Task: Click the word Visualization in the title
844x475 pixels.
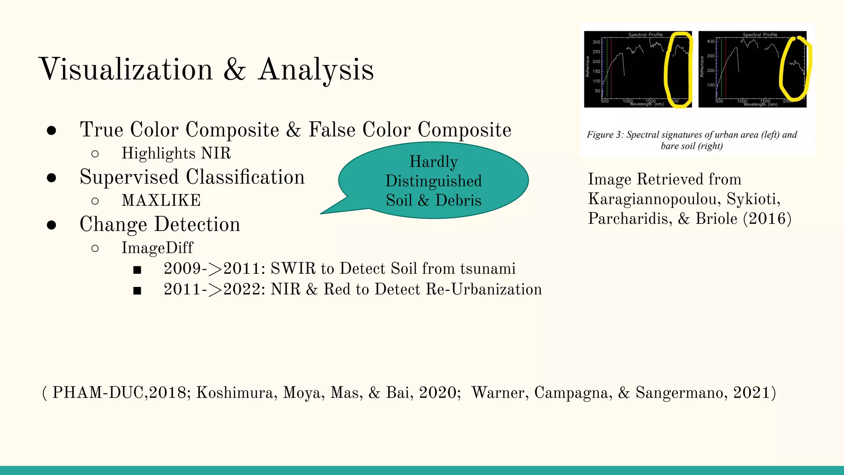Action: coord(126,69)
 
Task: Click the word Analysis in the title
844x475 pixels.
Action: coord(316,69)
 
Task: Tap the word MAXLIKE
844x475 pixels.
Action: coord(161,200)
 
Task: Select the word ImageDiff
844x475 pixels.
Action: coord(157,248)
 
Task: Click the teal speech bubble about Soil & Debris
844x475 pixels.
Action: coord(434,181)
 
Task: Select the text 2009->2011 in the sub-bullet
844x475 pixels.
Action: coord(214,269)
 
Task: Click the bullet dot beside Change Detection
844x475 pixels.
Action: coord(52,225)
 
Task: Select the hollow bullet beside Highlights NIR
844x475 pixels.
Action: coord(95,154)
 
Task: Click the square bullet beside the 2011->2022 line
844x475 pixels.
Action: coord(137,291)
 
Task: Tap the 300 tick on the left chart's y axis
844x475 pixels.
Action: coord(596,42)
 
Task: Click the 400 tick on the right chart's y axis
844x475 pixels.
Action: coord(711,42)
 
